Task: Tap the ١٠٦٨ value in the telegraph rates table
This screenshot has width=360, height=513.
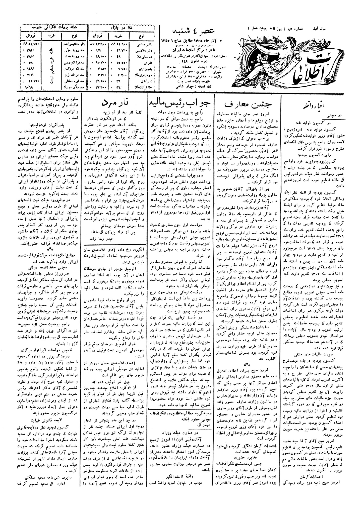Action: click(x=30, y=87)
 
